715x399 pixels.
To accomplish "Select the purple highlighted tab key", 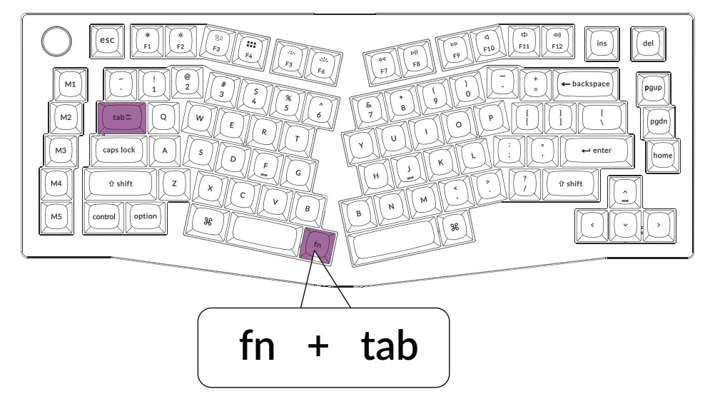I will (x=120, y=116).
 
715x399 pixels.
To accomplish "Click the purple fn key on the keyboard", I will (x=318, y=246).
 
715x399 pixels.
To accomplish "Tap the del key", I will (x=648, y=43).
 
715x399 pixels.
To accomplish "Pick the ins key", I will (x=602, y=43).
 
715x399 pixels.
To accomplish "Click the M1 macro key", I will (x=70, y=84).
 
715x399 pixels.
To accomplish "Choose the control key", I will (x=104, y=216).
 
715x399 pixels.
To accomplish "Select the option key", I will (x=145, y=216).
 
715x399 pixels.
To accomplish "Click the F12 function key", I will (x=557, y=40).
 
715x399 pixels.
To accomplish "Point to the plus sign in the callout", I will (x=318, y=347).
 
